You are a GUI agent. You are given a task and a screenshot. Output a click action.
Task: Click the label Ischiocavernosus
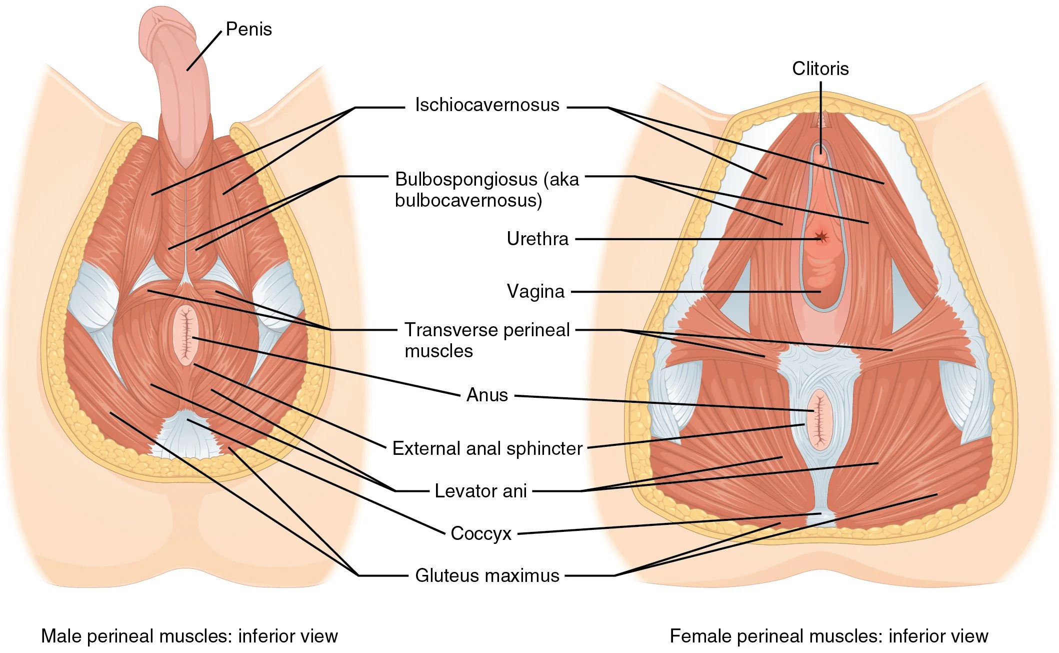(487, 105)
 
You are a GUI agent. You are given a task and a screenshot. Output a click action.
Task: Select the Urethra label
(537, 239)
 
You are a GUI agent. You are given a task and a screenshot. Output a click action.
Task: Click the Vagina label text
(535, 291)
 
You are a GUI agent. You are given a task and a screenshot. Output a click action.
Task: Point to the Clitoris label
(820, 69)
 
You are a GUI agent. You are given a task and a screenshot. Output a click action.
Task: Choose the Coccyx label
(481, 533)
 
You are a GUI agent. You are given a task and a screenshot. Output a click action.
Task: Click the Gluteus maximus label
(487, 575)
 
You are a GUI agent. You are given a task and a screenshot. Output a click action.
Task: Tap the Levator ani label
(480, 491)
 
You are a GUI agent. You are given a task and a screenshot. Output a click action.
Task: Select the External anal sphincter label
(487, 448)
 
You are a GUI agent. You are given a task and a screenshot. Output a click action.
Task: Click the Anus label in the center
(487, 395)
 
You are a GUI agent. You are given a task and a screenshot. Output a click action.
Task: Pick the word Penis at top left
(248, 29)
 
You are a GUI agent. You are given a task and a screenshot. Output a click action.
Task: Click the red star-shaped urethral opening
(821, 237)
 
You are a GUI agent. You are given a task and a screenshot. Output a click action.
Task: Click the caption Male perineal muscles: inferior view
(189, 636)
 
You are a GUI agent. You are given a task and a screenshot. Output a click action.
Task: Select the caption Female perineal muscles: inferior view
(828, 636)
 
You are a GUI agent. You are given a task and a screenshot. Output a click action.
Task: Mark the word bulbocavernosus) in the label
(468, 201)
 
